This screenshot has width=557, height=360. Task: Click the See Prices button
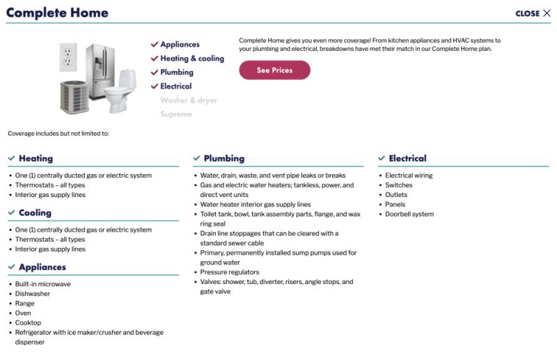(x=274, y=70)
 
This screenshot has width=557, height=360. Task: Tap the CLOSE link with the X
(x=533, y=13)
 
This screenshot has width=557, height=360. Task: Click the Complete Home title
(x=57, y=13)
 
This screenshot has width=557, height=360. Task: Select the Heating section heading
(x=35, y=159)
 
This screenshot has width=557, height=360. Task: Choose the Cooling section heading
(x=34, y=213)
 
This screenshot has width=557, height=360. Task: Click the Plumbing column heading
(x=223, y=159)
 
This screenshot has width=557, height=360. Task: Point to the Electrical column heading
(x=407, y=159)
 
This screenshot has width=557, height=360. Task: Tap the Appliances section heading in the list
(x=42, y=267)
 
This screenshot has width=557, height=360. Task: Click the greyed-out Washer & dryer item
(x=189, y=100)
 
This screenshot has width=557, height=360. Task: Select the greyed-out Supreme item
(x=176, y=114)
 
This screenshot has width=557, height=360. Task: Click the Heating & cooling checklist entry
(x=192, y=58)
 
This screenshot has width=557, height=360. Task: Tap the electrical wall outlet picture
(x=68, y=56)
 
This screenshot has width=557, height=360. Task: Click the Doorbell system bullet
(x=409, y=214)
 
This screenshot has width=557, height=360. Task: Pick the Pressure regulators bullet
(x=230, y=272)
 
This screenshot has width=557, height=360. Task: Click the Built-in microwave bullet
(x=42, y=284)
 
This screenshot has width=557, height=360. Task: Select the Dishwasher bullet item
(x=33, y=294)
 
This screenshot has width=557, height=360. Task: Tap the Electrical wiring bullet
(x=409, y=175)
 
